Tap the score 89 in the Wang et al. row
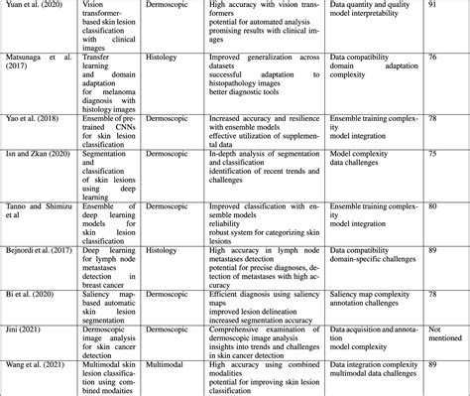[x=432, y=367]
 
